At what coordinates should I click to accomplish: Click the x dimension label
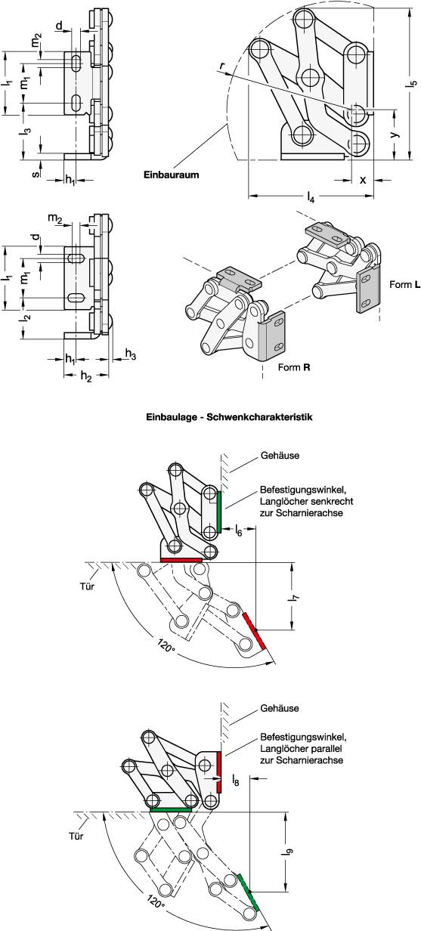click(363, 180)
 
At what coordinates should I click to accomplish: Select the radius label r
click(222, 67)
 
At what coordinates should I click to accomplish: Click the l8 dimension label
click(236, 778)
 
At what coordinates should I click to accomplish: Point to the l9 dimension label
click(289, 852)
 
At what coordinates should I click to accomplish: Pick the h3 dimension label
click(131, 354)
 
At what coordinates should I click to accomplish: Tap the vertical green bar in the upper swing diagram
click(219, 511)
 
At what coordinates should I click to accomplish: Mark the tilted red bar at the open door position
click(253, 630)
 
